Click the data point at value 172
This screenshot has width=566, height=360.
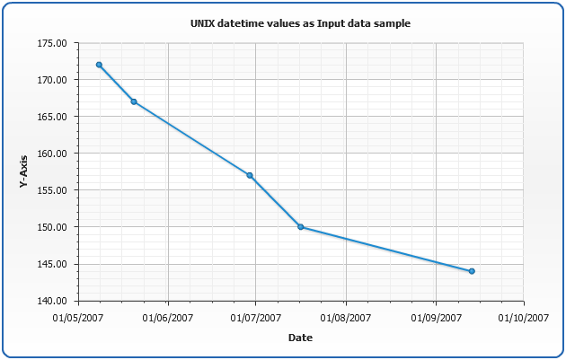click(99, 65)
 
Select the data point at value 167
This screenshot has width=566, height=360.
click(134, 101)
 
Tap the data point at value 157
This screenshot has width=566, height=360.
click(250, 175)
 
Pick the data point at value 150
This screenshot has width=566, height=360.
click(301, 227)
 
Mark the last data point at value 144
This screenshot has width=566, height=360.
click(472, 271)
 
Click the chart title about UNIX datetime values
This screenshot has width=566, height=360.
click(301, 23)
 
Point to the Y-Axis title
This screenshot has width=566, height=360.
click(24, 171)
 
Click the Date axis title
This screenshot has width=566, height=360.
click(300, 338)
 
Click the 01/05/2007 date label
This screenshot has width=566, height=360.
click(79, 317)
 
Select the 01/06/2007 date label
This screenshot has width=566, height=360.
click(168, 317)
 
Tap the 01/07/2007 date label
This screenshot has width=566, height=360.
click(255, 317)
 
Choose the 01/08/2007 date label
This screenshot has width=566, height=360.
click(346, 317)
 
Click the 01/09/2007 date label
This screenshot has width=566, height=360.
click(436, 317)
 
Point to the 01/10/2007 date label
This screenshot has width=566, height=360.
click(523, 317)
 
